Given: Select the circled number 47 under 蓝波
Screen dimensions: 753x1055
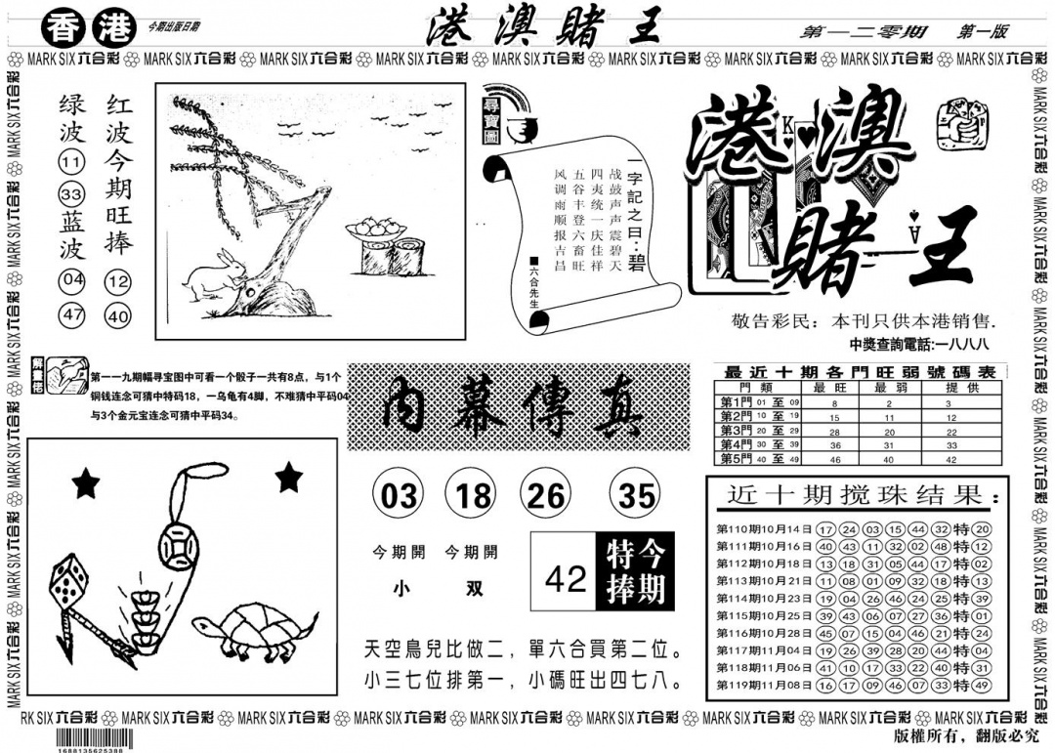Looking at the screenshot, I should [72, 315].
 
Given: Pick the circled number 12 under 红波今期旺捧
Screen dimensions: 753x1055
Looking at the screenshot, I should [118, 283].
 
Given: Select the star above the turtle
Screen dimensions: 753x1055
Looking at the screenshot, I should [288, 478].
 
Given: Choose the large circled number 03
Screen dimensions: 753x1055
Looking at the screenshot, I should [399, 496].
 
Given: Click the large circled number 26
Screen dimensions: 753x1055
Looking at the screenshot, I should [545, 496].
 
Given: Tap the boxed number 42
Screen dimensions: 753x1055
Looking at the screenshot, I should [565, 579].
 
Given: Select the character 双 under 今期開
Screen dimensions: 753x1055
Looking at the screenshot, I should [471, 590].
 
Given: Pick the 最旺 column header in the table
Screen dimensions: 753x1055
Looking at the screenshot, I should [835, 387].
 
